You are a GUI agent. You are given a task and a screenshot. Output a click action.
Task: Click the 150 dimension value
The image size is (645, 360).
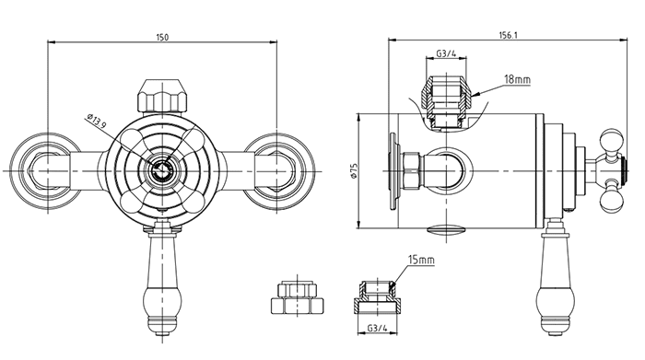[x=162, y=38]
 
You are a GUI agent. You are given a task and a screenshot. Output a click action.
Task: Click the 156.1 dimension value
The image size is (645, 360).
[x=509, y=35]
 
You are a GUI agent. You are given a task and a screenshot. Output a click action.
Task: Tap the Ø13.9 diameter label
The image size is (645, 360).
[x=97, y=122]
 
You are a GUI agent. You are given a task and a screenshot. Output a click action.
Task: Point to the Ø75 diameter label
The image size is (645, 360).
[x=353, y=170]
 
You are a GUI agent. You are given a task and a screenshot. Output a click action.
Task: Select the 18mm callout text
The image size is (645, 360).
[x=517, y=79]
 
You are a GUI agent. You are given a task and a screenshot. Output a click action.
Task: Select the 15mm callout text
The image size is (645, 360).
[x=421, y=260]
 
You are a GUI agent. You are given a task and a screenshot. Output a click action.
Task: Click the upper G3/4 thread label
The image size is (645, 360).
[x=446, y=53]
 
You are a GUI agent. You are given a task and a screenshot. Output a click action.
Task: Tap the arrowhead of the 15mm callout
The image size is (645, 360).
[x=393, y=284]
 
